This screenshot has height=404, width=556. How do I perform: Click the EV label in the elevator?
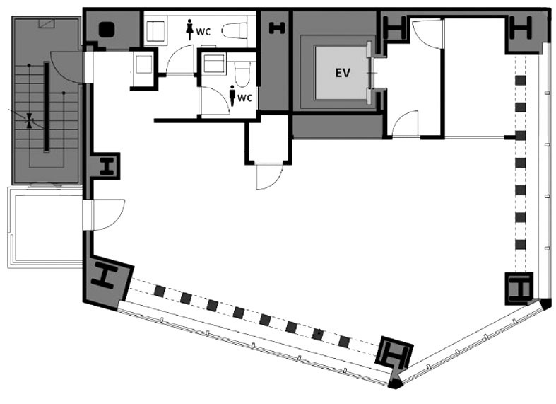[343, 73]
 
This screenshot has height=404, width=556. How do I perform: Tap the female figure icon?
[190, 30]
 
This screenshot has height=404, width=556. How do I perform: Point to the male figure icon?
[232, 96]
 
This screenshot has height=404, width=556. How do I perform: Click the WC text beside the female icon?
[203, 32]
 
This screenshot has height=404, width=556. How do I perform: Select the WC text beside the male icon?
[244, 98]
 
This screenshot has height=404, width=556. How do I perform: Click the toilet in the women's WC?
[235, 30]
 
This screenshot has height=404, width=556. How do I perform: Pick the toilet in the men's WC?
[242, 74]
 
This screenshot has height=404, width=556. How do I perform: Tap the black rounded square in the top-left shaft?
[107, 30]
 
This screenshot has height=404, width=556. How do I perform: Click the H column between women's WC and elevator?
[277, 28]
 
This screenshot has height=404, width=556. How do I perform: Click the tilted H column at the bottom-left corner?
[105, 277]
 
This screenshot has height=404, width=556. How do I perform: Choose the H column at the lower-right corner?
[519, 288]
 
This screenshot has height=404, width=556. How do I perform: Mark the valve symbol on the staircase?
[29, 121]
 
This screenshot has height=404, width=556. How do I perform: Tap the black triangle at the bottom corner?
[396, 383]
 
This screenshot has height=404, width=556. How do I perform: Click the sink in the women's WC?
[155, 31]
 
